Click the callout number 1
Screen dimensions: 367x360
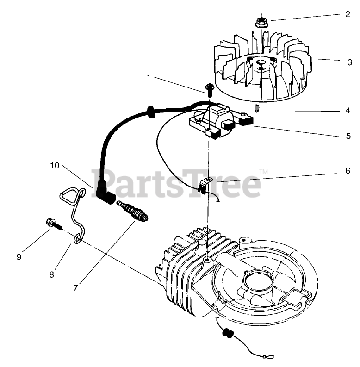pos(149,78)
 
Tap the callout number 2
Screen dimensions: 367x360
pos(348,14)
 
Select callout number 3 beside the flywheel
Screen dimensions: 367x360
pos(350,62)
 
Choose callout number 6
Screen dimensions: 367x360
pos(348,170)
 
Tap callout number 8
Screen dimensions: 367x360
pos(51,274)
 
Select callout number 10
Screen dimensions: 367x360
pos(55,165)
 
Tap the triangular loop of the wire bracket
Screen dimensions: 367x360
pos(71,196)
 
